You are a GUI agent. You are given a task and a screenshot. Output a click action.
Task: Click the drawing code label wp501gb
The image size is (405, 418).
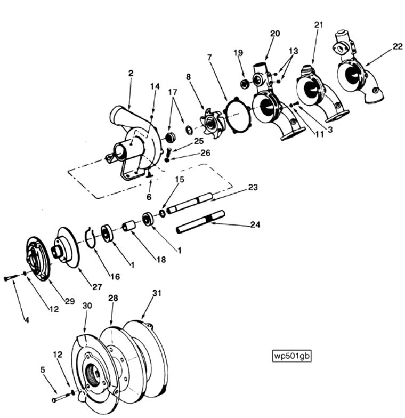click(x=291, y=356)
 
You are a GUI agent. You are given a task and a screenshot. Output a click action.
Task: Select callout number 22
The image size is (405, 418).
click(x=398, y=46)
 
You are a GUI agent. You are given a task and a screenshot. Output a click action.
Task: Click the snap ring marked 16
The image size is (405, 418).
click(x=91, y=237)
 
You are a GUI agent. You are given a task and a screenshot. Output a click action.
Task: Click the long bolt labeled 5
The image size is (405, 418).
click(x=59, y=398)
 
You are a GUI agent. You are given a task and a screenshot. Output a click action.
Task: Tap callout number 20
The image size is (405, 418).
click(x=275, y=34)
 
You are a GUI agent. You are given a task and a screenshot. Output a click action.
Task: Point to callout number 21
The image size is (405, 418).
click(x=319, y=25)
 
